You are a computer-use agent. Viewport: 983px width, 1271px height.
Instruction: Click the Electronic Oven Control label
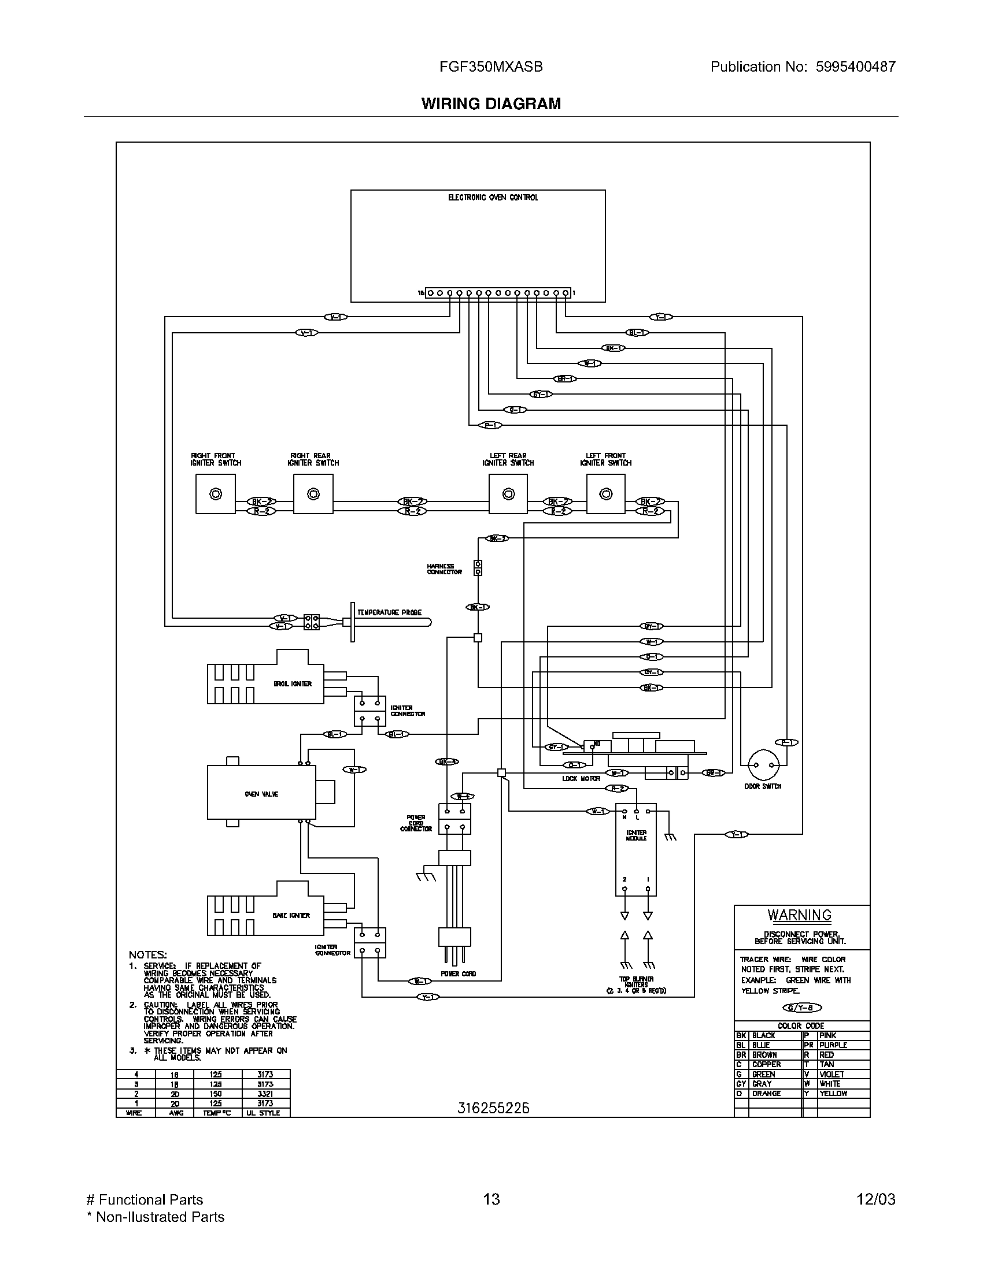pos(493,198)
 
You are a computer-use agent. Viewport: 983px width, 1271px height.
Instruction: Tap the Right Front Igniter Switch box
pos(216,494)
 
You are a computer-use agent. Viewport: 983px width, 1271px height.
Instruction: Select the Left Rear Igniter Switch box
pos(508,494)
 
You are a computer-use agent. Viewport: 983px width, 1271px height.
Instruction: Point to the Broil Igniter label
pos(293,684)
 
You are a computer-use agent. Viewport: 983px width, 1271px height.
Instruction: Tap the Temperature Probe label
pos(389,612)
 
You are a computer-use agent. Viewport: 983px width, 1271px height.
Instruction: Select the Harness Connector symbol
pos(478,568)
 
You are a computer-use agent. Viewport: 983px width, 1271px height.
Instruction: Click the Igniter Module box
pos(635,853)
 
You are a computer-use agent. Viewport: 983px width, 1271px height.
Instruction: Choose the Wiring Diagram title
pos(491,103)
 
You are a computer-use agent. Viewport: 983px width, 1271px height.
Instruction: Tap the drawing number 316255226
pos(493,1109)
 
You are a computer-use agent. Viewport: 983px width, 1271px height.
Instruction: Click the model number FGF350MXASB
pos(491,67)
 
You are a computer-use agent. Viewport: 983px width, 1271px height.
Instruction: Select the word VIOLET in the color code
pos(831,1075)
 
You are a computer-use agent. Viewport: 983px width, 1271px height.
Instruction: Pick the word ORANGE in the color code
pos(766,1094)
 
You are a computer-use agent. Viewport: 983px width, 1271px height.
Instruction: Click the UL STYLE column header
pos(263,1113)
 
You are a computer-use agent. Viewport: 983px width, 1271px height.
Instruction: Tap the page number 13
pos(491,1199)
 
